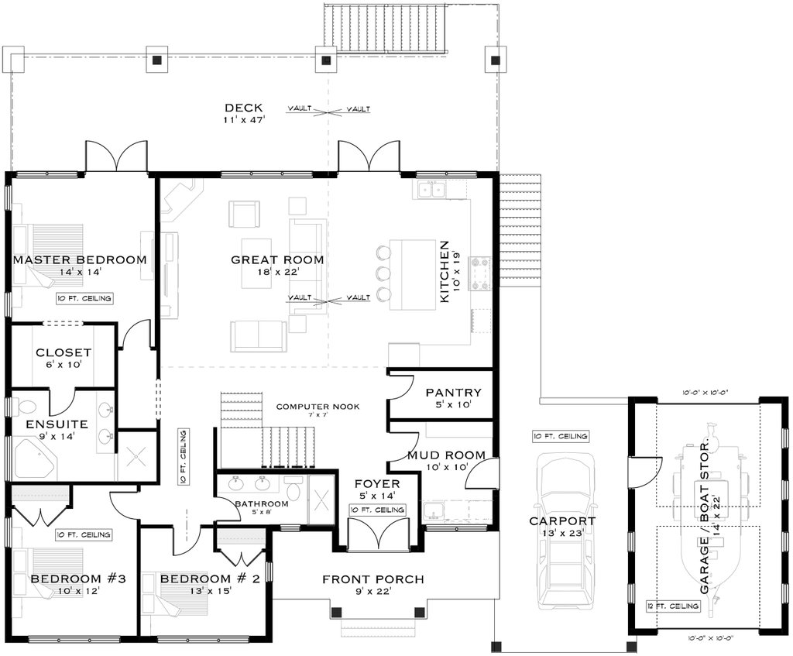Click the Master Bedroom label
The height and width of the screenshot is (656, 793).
[x=80, y=259]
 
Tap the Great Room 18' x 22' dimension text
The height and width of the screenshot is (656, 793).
[x=277, y=273]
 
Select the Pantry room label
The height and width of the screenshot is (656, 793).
[x=454, y=393]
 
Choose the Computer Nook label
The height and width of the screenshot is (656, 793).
[x=318, y=406]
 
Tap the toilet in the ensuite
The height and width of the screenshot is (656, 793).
[x=26, y=407]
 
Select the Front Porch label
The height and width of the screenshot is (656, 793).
[x=372, y=579]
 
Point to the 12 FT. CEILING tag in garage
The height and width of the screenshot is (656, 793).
[x=673, y=606]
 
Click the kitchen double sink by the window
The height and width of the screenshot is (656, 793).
[x=430, y=189]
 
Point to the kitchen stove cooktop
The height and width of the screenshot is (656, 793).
[x=480, y=273]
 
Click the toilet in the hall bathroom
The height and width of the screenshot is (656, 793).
[x=294, y=491]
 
